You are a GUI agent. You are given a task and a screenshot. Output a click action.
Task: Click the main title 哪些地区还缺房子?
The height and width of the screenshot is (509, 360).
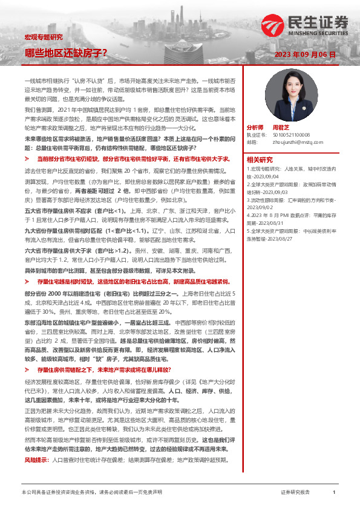click(x=66, y=53)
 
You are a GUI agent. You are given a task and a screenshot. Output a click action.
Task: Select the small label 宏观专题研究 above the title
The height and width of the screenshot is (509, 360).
click(x=43, y=37)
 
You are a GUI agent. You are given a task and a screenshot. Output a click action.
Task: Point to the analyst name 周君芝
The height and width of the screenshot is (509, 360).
click(x=281, y=128)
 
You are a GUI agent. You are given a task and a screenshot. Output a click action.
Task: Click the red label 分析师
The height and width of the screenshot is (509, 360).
click(x=255, y=128)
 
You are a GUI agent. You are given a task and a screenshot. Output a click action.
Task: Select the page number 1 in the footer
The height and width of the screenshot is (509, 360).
click(x=334, y=493)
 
